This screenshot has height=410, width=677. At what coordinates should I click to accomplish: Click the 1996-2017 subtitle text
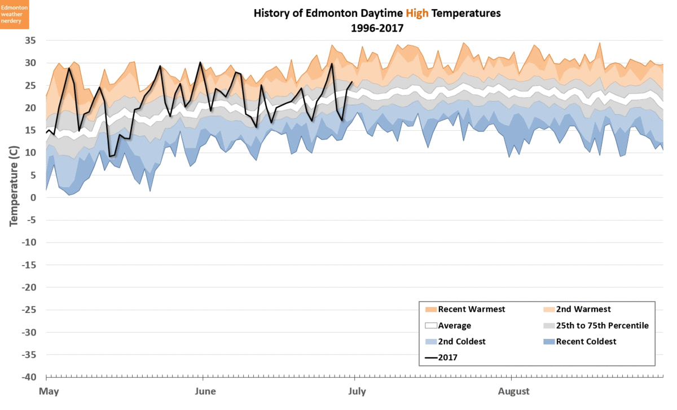point(377,26)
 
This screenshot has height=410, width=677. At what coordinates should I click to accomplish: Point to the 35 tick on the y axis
point(30,41)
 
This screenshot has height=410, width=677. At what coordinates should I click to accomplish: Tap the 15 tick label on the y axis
point(30,130)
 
